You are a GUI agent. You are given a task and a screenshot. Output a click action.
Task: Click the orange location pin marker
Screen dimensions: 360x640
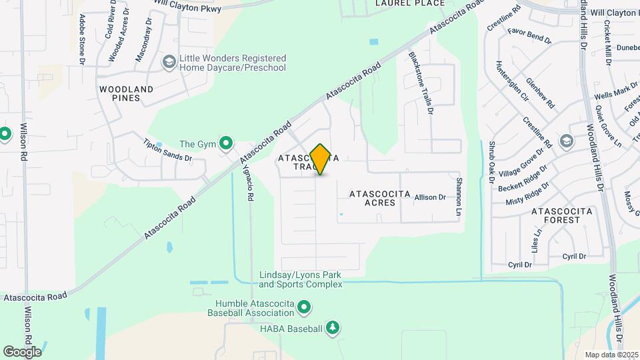[x=321, y=159]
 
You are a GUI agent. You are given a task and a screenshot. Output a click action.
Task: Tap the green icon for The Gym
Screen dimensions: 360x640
[x=226, y=143]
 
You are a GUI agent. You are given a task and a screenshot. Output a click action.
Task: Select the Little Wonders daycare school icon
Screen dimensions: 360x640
[x=169, y=63]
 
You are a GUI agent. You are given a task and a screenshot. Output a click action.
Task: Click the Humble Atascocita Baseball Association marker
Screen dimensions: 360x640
[x=305, y=307]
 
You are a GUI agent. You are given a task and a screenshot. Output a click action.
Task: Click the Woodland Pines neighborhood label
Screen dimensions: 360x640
[x=126, y=93]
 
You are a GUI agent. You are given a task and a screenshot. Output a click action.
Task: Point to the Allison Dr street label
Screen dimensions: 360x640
[x=429, y=197]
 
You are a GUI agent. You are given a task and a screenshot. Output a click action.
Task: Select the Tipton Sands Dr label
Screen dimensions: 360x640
[x=168, y=150]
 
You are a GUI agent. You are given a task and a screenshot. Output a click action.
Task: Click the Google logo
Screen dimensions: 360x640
[x=22, y=351]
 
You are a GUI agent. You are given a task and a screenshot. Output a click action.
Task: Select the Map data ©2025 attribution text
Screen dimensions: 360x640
[x=610, y=355]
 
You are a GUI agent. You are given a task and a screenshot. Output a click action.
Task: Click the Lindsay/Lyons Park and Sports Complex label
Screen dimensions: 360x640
[x=301, y=279]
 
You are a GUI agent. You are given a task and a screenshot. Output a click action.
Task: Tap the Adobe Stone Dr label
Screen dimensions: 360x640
[x=83, y=40]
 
